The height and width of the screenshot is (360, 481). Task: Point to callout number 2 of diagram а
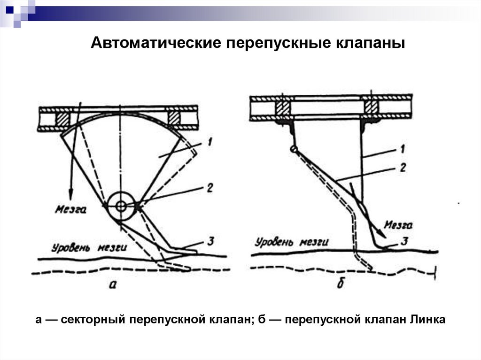209,188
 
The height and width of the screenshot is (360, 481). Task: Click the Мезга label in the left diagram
70,210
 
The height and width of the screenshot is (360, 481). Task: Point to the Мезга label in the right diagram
398,225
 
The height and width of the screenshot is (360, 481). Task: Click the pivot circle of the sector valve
121,206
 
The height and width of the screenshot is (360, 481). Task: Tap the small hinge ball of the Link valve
294,149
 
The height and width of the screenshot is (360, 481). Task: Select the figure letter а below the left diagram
112,284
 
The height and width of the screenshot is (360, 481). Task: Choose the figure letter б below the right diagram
340,283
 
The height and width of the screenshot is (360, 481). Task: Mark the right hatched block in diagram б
370,106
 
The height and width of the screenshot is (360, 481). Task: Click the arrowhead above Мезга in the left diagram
71,194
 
